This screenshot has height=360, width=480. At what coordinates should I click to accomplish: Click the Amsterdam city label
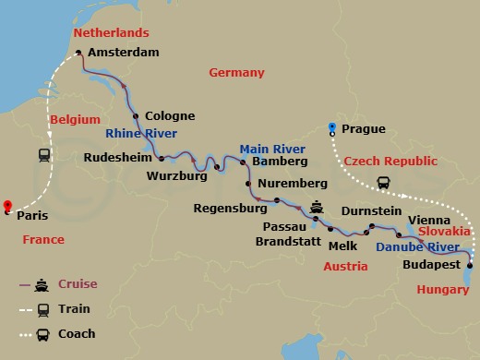tap(125, 53)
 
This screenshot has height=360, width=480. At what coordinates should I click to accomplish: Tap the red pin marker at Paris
tap(6, 207)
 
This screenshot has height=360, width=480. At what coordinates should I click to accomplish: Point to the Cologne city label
tap(170, 116)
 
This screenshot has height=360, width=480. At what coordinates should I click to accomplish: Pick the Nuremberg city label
tap(294, 183)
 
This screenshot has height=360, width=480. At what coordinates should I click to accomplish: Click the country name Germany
tap(236, 73)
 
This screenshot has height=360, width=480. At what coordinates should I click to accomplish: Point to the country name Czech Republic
tap(390, 161)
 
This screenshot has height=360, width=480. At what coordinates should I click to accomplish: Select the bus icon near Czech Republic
tap(383, 183)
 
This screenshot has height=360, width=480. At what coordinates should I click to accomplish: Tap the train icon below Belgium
tap(43, 155)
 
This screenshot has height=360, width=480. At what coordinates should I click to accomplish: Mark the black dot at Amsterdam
tap(79, 53)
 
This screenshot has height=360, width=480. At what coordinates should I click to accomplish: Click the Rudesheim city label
tap(116, 158)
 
